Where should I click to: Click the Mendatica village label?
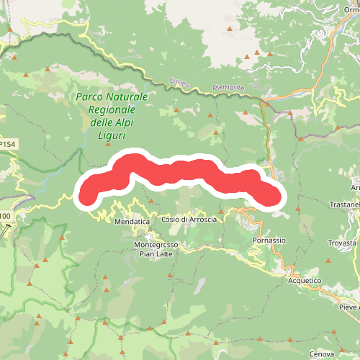[132, 222]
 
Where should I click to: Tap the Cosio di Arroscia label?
[189, 219]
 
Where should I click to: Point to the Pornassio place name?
[270, 240]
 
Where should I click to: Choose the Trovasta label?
[343, 243]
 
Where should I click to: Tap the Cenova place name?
[321, 354]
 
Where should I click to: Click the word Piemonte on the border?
[229, 88]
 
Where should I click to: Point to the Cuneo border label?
[179, 83]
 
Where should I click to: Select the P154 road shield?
[7, 145]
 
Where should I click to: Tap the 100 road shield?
[5, 216]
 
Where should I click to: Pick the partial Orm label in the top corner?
[351, 9]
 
